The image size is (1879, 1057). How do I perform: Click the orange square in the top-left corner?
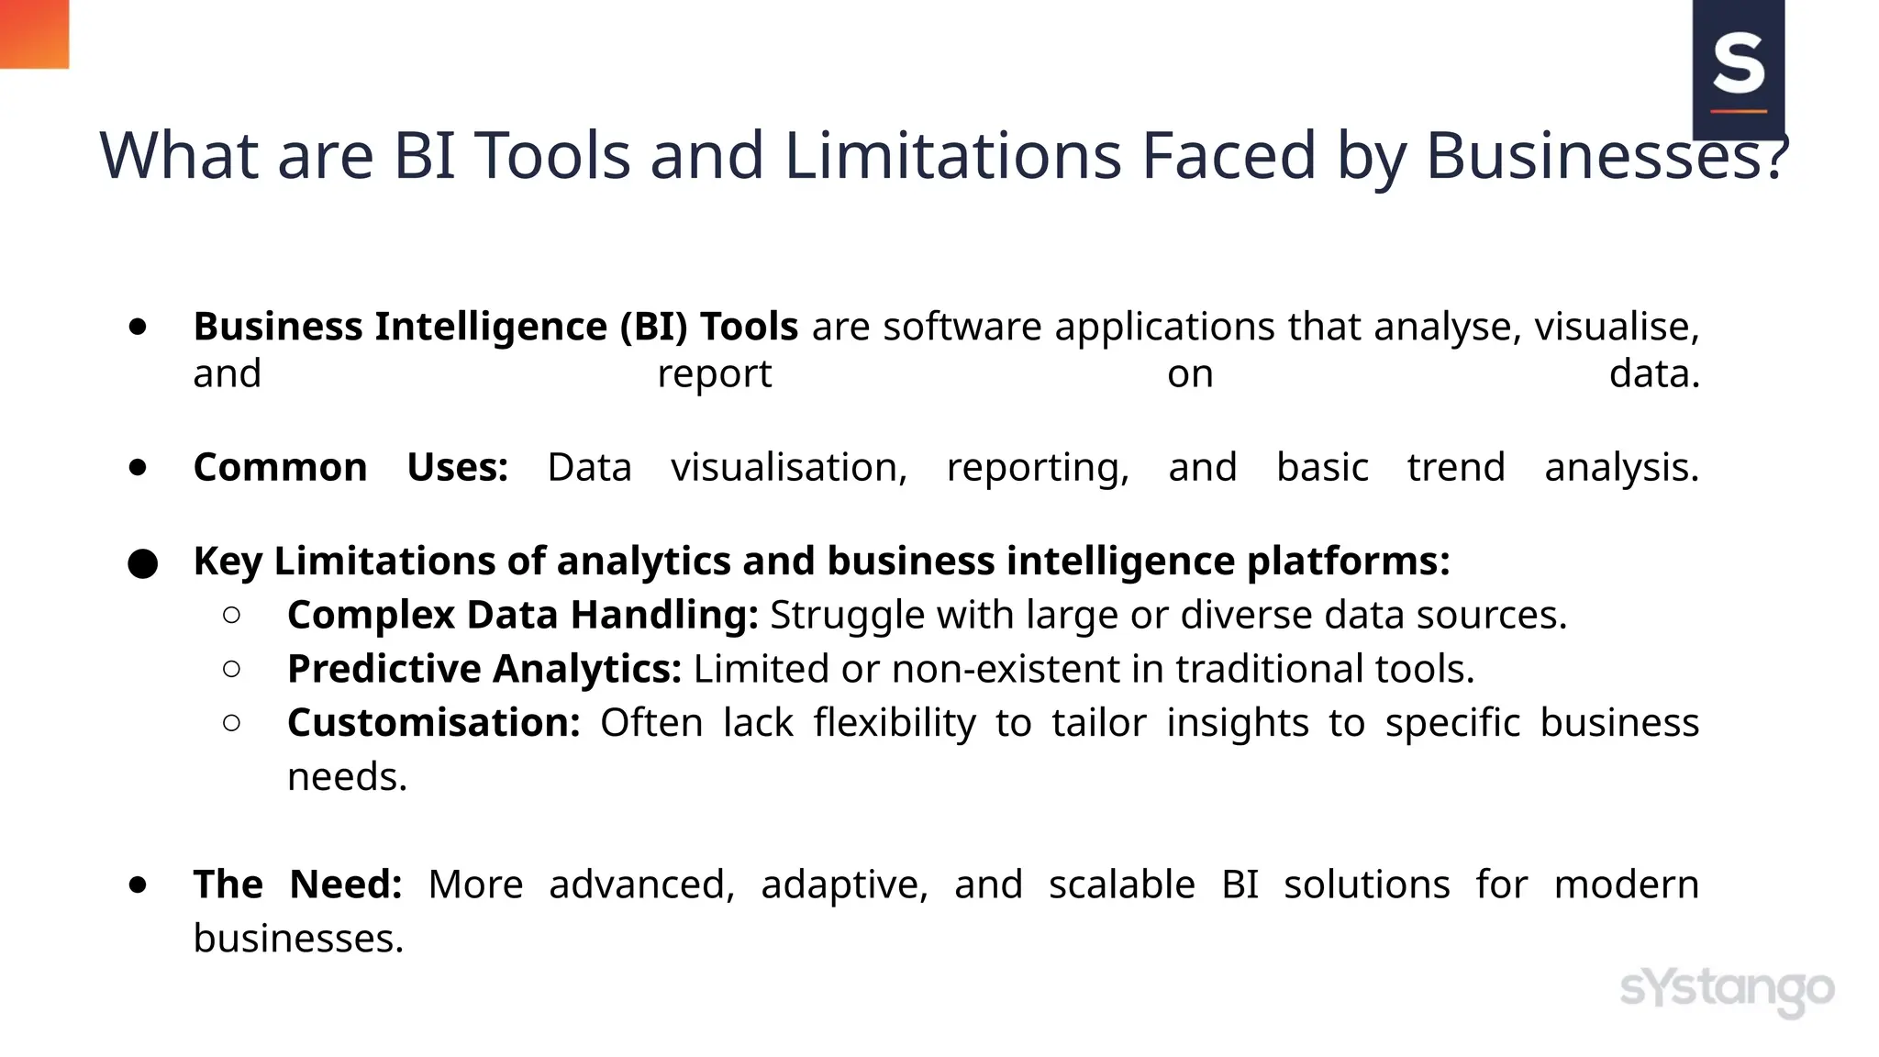click(34, 34)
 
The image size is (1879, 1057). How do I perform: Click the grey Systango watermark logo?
click(1727, 990)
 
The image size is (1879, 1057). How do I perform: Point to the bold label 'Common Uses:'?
click(350, 467)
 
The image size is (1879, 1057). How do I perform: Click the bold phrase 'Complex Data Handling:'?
click(522, 615)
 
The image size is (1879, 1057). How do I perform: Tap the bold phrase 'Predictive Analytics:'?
click(484, 669)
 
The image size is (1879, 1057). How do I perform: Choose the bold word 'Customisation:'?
click(433, 723)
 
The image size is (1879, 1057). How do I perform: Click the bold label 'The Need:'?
click(297, 885)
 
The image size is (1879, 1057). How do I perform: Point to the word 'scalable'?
click(1121, 885)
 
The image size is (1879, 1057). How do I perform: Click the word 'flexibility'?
click(895, 723)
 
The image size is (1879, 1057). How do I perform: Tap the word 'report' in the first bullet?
click(715, 374)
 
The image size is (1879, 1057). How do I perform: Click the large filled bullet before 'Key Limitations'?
click(142, 563)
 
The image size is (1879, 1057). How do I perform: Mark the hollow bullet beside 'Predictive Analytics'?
click(232, 670)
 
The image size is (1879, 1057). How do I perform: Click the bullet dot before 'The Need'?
click(139, 885)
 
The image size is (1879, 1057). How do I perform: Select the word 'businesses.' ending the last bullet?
click(298, 939)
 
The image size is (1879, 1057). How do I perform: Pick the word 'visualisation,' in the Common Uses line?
click(789, 467)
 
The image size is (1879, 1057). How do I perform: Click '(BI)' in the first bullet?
click(653, 327)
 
